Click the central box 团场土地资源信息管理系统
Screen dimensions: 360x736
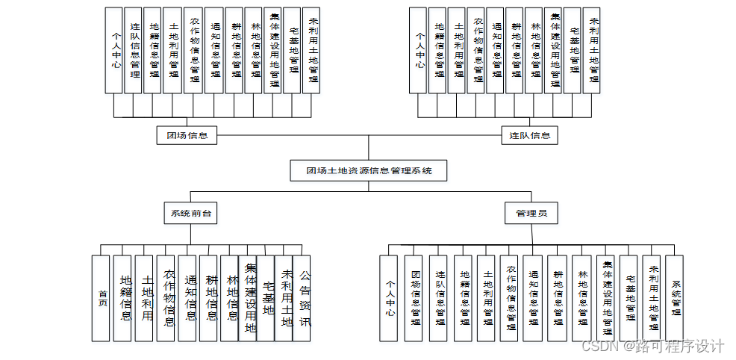[x=368, y=170]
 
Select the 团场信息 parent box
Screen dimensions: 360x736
[x=187, y=135]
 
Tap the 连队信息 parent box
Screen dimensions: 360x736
[x=529, y=135]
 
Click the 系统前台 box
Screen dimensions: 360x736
[x=190, y=214]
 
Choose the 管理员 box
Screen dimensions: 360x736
[x=531, y=214]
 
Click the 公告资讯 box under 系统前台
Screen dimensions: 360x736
[x=302, y=298]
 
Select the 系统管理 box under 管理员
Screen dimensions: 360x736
[x=675, y=298]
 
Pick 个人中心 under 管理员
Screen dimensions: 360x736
[x=388, y=298]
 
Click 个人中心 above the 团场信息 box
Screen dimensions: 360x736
[x=113, y=50]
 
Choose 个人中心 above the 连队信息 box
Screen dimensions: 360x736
[x=418, y=50]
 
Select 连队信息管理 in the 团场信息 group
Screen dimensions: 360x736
[x=133, y=50]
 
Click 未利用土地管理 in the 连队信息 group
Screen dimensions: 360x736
[x=593, y=50]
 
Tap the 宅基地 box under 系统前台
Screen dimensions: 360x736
[x=266, y=298]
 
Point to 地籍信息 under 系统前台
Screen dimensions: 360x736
[x=122, y=298]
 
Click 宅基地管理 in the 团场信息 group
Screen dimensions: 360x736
[x=293, y=50]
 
